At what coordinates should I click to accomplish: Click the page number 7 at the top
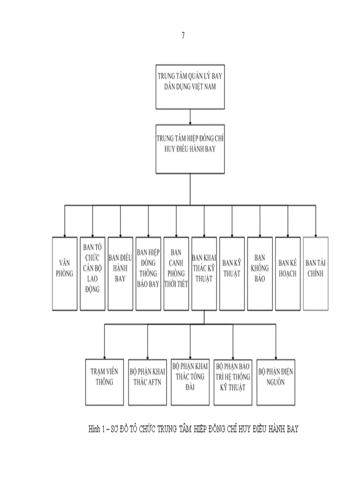[x=183, y=36]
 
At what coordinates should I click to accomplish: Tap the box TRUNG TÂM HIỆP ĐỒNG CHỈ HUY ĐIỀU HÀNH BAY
[x=190, y=148]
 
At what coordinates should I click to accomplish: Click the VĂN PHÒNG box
[x=64, y=273]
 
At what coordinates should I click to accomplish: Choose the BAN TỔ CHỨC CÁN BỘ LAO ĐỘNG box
[x=93, y=273]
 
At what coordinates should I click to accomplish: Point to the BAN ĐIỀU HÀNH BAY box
[x=120, y=273]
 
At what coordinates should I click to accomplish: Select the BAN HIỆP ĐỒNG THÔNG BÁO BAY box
[x=148, y=273]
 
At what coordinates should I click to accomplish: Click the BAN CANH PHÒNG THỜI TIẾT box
[x=176, y=273]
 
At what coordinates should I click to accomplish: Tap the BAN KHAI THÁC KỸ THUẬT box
[x=204, y=273]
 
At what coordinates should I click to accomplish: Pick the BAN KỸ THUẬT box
[x=232, y=273]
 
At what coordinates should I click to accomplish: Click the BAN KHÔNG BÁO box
[x=260, y=273]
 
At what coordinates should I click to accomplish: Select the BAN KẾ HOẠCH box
[x=287, y=273]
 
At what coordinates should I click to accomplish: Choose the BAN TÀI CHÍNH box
[x=315, y=273]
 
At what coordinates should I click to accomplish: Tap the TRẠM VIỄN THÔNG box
[x=105, y=381]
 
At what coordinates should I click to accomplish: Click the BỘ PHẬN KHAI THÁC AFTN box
[x=148, y=381]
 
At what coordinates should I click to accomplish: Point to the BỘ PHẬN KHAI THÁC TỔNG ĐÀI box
[x=190, y=381]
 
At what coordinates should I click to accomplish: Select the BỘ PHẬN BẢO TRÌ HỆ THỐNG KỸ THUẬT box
[x=232, y=381]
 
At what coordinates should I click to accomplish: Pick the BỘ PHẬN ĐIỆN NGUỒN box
[x=276, y=381]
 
